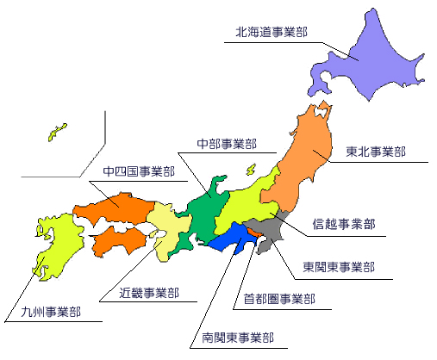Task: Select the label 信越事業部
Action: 345,223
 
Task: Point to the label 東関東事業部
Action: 339,267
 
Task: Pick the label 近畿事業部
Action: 149,293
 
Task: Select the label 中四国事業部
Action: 138,171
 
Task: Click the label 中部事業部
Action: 227,143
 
